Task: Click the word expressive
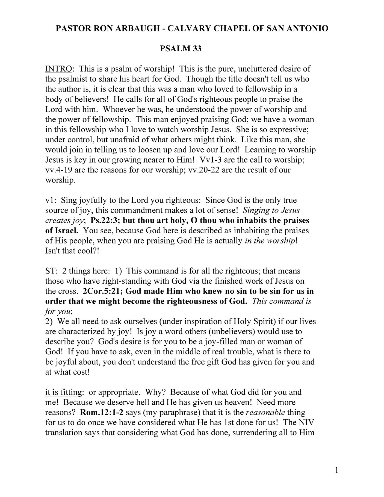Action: click(293, 129)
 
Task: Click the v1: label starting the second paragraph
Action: click(51, 200)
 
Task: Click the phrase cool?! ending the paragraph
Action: click(88, 251)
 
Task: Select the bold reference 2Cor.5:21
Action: click(101, 291)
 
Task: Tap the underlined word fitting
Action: click(71, 392)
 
